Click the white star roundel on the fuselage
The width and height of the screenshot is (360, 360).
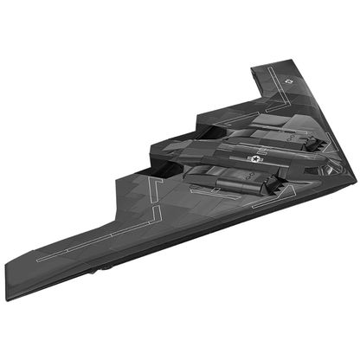[254, 158]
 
